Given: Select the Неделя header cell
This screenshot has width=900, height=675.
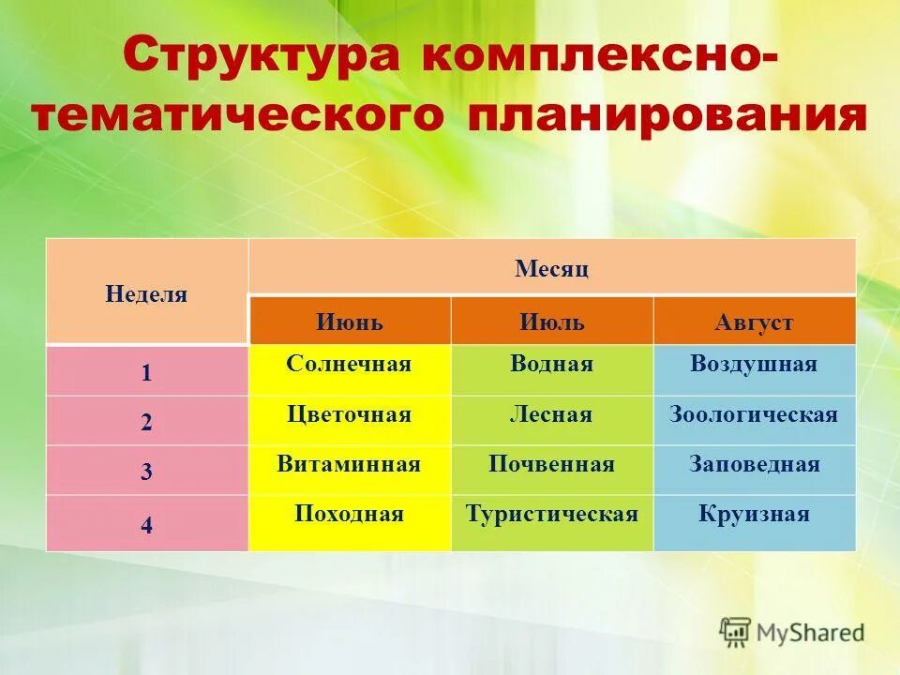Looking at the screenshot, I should [146, 294].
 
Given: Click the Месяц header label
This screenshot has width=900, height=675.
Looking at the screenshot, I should [551, 269].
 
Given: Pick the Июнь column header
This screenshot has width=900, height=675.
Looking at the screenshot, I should [349, 322].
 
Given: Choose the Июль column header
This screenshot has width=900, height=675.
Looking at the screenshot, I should [551, 322].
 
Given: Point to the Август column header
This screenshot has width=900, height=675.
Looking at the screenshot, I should [754, 322].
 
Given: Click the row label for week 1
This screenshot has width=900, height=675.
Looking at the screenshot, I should [146, 373].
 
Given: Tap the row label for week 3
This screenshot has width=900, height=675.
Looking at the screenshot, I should [146, 472].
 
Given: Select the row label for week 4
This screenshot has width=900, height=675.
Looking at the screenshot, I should [146, 525].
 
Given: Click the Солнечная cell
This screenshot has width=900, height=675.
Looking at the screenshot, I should [349, 364].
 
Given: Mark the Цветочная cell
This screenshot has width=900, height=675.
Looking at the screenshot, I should [349, 414].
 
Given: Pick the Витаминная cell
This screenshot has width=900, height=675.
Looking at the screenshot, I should [349, 464].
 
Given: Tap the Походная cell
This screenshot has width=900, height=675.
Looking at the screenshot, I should [349, 514].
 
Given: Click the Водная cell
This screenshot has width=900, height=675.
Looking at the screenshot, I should [551, 364].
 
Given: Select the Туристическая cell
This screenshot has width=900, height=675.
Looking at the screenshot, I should [551, 514].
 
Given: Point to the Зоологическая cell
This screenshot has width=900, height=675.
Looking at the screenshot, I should [754, 414].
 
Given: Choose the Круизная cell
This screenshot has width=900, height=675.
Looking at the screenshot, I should [754, 514].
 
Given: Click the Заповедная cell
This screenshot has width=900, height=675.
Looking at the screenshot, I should [754, 464].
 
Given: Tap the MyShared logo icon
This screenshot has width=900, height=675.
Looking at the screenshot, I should [735, 631].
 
